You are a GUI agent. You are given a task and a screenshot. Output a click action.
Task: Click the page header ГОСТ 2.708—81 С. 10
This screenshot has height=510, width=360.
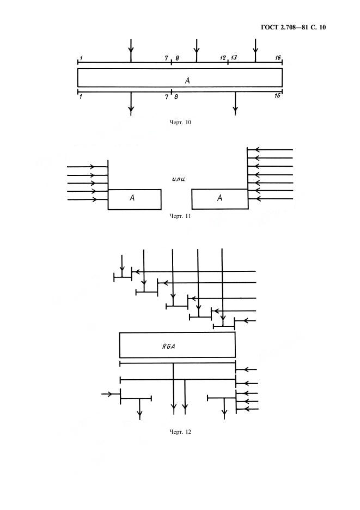click(x=293, y=27)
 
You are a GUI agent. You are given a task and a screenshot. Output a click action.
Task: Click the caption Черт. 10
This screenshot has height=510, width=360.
click(x=180, y=123)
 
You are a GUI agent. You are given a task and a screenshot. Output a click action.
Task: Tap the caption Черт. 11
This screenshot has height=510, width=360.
click(x=180, y=216)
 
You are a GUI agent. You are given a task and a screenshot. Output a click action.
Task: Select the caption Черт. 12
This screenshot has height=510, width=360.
click(x=180, y=432)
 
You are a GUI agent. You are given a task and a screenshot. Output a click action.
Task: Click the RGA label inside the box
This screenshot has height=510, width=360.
click(x=168, y=347)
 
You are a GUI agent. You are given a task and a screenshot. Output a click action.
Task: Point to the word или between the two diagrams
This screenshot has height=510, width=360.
click(x=179, y=179)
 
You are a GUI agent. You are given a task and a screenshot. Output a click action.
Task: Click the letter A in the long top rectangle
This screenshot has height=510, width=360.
click(x=187, y=80)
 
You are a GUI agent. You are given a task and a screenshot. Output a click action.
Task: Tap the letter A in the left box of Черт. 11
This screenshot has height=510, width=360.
click(x=132, y=197)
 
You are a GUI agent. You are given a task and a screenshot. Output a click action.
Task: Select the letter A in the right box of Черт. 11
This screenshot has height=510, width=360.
click(x=220, y=197)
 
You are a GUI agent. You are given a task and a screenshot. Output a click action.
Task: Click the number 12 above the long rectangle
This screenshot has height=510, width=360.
click(x=223, y=58)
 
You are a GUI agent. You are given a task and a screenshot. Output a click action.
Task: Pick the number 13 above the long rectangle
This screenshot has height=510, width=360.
click(x=234, y=58)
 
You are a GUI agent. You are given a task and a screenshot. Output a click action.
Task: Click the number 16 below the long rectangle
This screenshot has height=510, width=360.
click(x=277, y=96)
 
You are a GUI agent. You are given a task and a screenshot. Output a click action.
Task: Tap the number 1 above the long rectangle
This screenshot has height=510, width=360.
click(x=81, y=58)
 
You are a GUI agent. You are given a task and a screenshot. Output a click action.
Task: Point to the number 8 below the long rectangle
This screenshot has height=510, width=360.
click(x=176, y=96)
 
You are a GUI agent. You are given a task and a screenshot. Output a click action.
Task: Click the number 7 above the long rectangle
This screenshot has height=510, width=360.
click(x=167, y=58)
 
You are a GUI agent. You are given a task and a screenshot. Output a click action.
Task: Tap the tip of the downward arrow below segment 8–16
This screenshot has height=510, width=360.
click(x=235, y=115)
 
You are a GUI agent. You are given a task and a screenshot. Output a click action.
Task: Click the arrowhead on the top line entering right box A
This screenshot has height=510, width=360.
click(x=258, y=150)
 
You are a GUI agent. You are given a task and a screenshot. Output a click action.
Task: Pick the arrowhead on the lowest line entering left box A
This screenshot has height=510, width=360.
click(x=93, y=199)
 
